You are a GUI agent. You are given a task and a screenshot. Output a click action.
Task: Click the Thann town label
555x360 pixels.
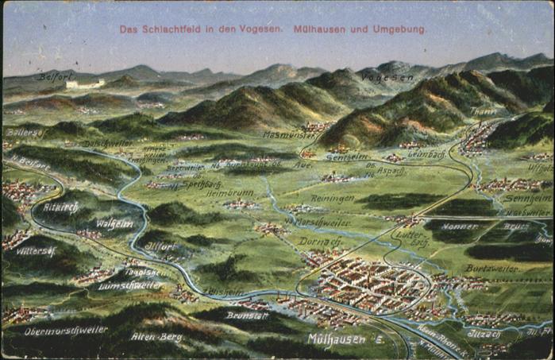tap(482, 112)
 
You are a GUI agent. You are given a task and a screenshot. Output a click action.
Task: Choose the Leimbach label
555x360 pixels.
tap(426, 153)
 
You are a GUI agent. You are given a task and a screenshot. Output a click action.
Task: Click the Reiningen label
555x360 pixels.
tap(332, 198)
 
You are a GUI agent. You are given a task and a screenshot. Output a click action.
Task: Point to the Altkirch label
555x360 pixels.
tap(61, 207)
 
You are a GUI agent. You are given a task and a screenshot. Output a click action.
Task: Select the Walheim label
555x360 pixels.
tap(114, 224)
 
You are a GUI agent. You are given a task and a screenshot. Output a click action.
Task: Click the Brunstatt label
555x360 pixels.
tap(248, 315)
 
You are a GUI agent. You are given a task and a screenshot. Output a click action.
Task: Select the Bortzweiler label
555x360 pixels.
tap(491, 269)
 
